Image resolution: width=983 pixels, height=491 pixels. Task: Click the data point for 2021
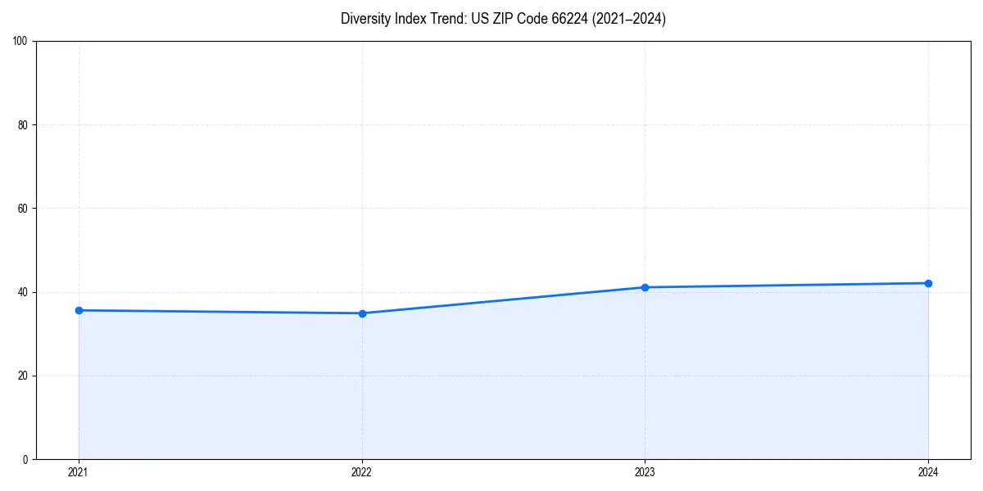(79, 310)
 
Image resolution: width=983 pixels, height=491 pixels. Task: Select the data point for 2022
(362, 313)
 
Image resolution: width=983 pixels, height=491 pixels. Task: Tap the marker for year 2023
(645, 287)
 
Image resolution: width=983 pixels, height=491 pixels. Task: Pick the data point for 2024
(928, 283)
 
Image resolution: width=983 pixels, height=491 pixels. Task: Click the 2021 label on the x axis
(79, 472)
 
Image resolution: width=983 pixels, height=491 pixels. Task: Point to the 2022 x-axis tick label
(362, 472)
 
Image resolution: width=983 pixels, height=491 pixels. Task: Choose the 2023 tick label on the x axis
(645, 472)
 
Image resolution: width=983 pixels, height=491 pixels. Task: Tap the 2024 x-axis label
(928, 472)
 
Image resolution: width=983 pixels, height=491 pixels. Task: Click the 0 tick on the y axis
(25, 459)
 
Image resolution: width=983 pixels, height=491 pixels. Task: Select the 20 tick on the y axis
(23, 376)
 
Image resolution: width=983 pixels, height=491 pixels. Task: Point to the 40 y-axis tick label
(23, 292)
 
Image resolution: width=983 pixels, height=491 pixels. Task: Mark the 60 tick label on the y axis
(23, 209)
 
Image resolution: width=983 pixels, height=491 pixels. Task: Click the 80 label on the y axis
(23, 125)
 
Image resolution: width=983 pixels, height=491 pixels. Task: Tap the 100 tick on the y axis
(20, 42)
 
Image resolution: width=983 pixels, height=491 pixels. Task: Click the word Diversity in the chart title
(365, 19)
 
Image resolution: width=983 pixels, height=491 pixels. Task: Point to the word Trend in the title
(446, 19)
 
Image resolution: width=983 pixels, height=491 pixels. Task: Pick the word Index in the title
(409, 19)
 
